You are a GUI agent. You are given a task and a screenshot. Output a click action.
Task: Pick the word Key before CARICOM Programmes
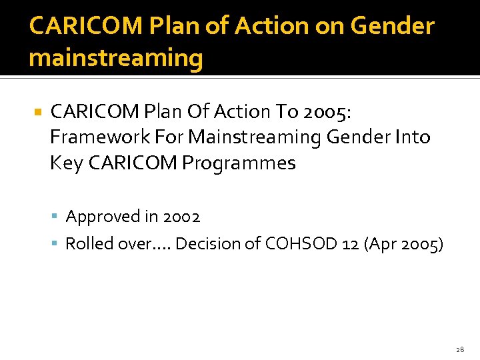pyautogui.click(x=65, y=163)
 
